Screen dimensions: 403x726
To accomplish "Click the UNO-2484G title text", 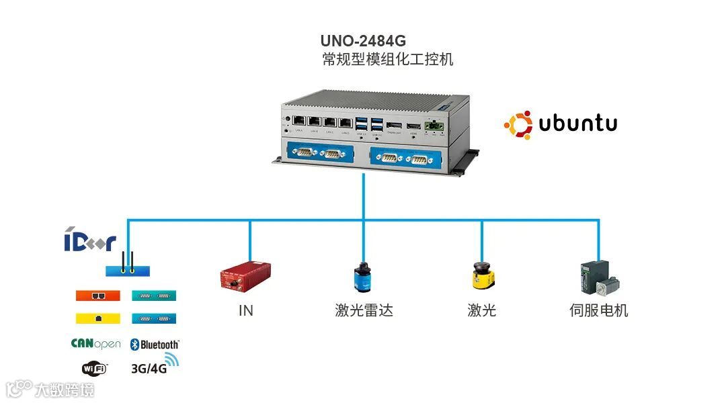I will (363, 42).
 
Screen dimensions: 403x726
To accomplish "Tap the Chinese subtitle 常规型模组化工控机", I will (388, 60).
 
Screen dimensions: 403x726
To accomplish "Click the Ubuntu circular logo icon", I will (518, 125).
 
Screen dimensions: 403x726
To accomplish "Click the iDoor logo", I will (90, 242).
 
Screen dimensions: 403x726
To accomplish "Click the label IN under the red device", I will (245, 310).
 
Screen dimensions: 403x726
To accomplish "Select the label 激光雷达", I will (363, 310).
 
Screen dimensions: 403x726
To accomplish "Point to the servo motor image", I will (598, 277).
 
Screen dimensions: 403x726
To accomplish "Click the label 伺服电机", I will (598, 310).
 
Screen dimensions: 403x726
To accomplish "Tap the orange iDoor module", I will (97, 296).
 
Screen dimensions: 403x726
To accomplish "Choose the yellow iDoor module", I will (97, 317).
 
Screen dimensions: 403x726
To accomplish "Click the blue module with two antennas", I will (128, 270).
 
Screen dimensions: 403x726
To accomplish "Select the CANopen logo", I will (95, 344).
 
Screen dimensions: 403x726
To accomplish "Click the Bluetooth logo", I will (155, 345).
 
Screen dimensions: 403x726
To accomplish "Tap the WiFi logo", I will (95, 367).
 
